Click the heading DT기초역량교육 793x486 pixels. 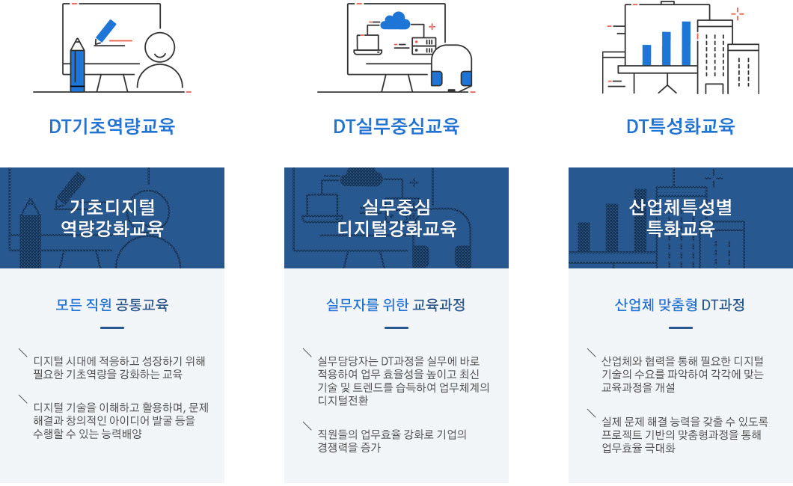click(112, 126)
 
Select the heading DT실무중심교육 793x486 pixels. click(396, 126)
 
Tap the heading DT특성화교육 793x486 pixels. click(681, 126)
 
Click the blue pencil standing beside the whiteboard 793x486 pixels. click(77, 67)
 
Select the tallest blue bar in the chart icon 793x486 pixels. click(686, 43)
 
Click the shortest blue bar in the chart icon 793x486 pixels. click(647, 55)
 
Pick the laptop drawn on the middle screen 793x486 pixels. click(367, 45)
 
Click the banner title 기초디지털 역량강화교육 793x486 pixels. click(112, 217)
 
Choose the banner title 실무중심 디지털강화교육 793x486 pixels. click(396, 217)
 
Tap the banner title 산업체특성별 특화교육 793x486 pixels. click(681, 217)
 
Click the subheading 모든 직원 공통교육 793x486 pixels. click(112, 305)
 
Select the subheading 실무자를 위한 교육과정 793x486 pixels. click(396, 305)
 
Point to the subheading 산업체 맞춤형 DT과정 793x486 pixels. click(681, 305)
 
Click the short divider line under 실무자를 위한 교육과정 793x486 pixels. click(396, 327)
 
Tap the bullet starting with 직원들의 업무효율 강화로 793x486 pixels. click(392, 441)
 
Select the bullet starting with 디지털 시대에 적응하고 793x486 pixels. click(119, 368)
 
